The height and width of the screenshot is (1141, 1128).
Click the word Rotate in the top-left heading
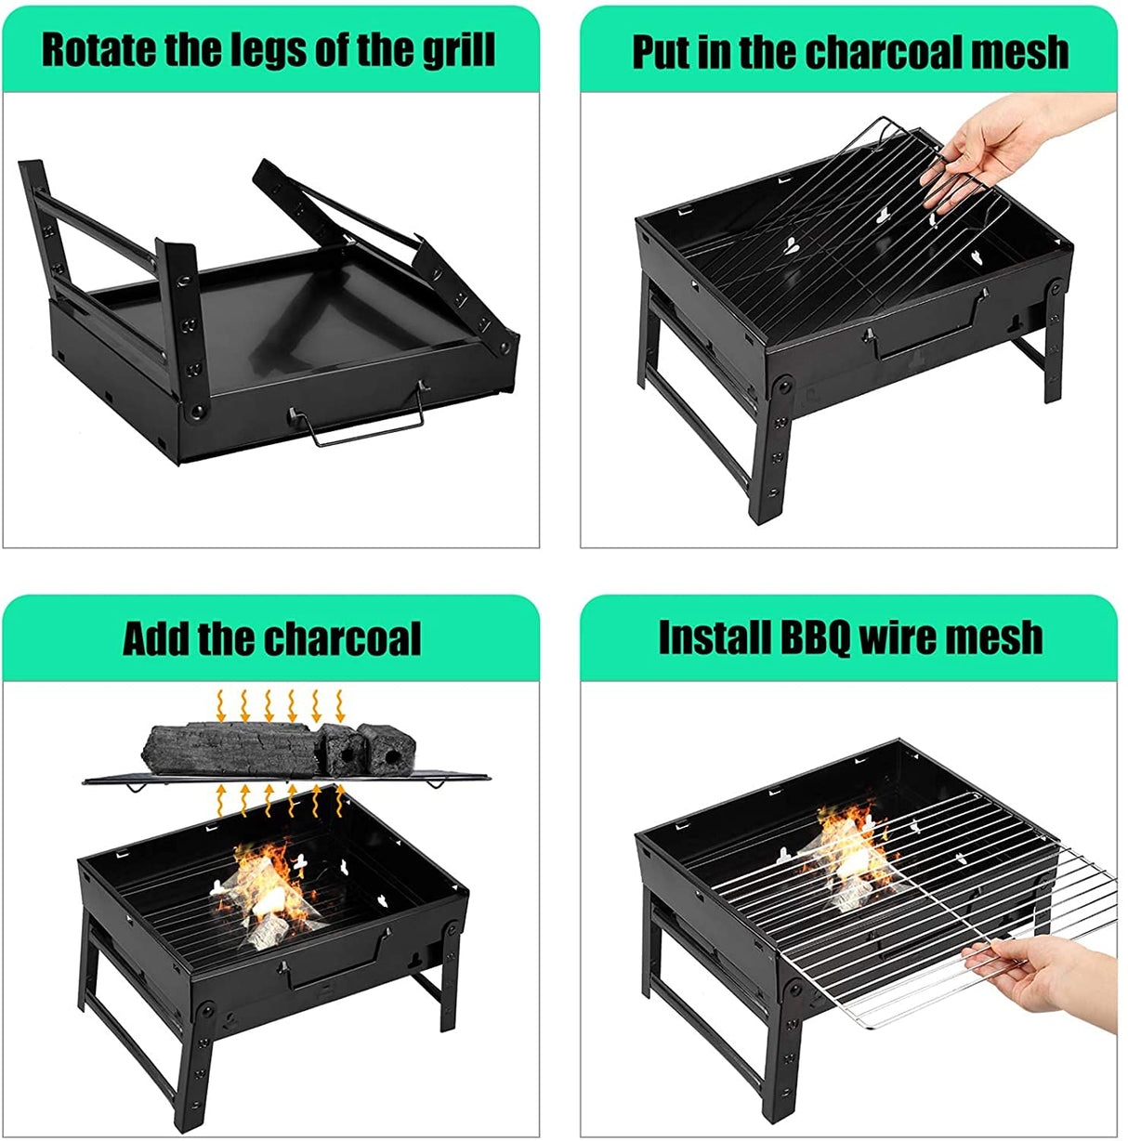point(98,49)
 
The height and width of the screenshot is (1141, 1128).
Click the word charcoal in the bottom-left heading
point(342,638)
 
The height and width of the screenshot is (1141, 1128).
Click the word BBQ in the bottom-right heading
point(815,638)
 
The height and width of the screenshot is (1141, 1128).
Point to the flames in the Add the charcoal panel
point(265,883)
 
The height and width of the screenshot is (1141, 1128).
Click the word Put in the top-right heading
point(662,52)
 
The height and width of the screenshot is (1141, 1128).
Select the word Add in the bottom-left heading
point(155,638)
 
